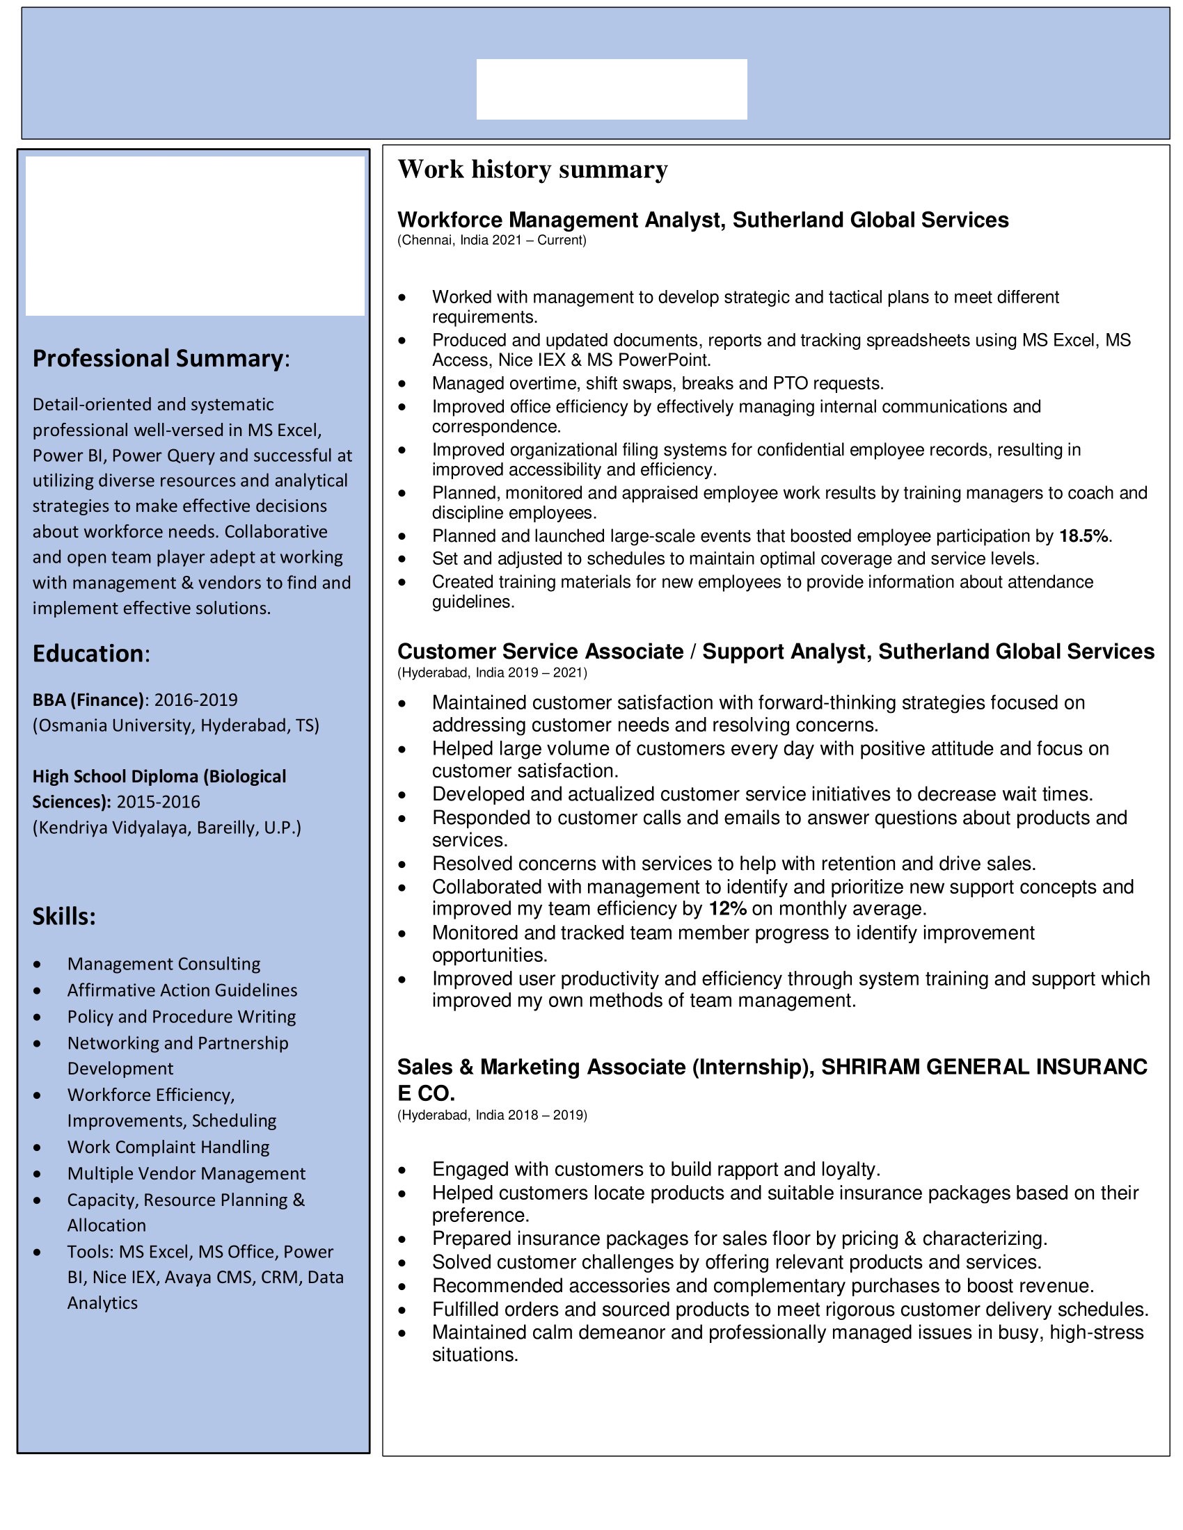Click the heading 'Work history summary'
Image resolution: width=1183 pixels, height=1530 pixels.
coord(532,170)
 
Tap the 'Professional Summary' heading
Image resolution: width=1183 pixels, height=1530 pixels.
coord(159,358)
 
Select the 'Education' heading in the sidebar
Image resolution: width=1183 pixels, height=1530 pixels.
coord(89,654)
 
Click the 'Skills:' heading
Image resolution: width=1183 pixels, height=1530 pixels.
coord(64,917)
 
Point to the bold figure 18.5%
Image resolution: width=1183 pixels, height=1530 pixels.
coord(1083,536)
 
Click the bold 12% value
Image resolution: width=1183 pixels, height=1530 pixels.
coord(727,909)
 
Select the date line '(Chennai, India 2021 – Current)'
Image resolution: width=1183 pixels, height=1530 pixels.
coord(492,241)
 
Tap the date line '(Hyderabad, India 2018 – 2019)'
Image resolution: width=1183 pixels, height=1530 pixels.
coord(492,1115)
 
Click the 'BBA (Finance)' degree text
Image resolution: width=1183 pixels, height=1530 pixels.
coord(88,700)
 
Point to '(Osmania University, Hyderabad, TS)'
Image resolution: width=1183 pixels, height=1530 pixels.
coord(176,725)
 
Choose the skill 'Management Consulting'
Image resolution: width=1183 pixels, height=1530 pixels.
coord(164,964)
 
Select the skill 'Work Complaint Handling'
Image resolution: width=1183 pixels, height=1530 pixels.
coord(168,1147)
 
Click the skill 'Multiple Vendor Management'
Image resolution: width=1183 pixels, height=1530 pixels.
coord(186,1173)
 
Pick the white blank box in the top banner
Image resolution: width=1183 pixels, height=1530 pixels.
coord(611,89)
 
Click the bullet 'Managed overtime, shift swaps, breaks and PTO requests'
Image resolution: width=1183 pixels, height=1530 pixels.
coord(658,383)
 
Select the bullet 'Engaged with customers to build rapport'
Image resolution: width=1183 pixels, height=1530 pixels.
coord(656,1169)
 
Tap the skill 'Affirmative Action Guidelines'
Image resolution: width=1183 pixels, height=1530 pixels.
coord(182,990)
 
